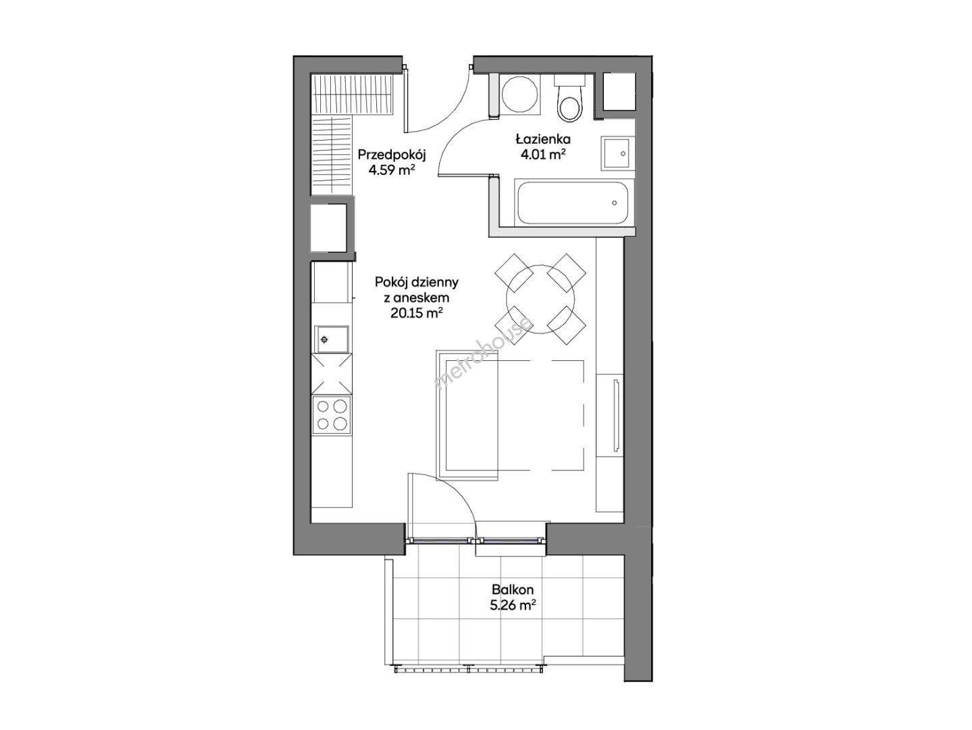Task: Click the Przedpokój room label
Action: [x=392, y=155]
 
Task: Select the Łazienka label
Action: [x=543, y=139]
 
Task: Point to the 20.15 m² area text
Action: [x=417, y=313]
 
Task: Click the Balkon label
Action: [x=513, y=589]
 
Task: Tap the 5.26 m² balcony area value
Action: [x=510, y=605]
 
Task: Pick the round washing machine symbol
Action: [x=520, y=95]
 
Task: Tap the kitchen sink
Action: [x=332, y=339]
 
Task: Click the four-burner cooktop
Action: [x=332, y=415]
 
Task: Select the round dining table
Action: [x=540, y=299]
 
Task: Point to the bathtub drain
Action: [x=614, y=202]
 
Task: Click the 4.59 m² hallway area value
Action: [x=392, y=170]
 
